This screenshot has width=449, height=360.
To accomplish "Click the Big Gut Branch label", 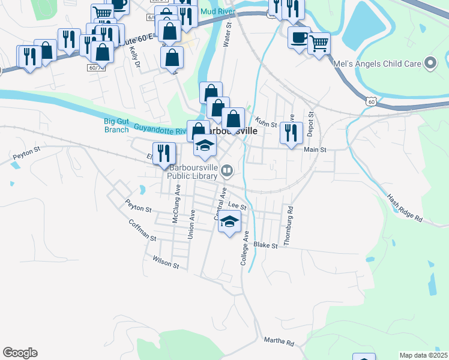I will coord(116,125).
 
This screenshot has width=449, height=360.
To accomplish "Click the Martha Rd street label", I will coord(279,341).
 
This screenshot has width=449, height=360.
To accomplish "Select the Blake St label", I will coord(265,245).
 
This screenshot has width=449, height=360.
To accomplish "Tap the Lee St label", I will coord(237,205).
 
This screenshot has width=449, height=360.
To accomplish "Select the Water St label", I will coord(227,35).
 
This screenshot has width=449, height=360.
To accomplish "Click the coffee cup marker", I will coord(299,37).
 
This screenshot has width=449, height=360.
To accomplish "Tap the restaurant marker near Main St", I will coord(291,133).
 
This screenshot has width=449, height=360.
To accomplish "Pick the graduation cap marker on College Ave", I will coord(229,222).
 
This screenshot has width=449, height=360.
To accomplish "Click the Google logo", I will coord(20,353).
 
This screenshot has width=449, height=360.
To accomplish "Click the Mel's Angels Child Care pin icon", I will coord(430,63).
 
